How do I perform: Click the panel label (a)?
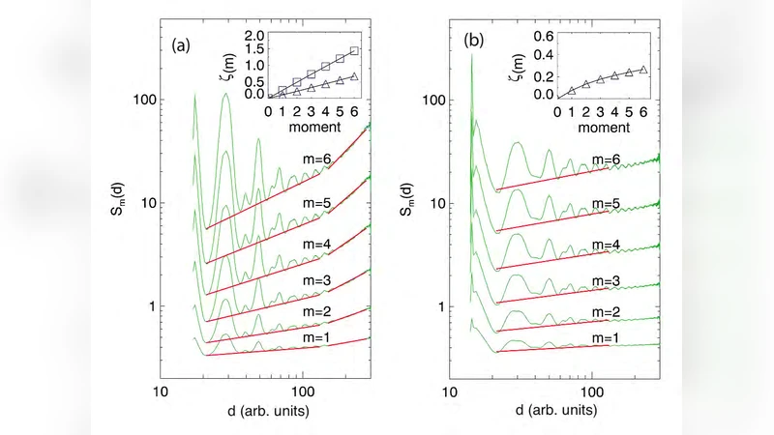click(185, 43)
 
